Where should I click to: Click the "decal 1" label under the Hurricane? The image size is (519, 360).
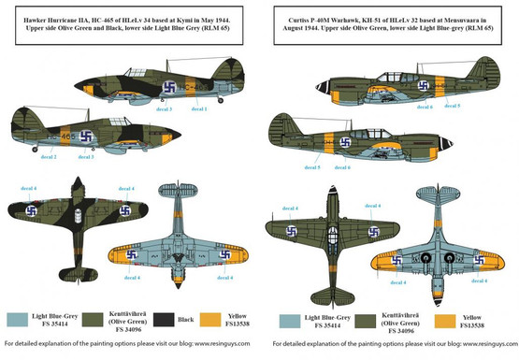click(198, 109)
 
